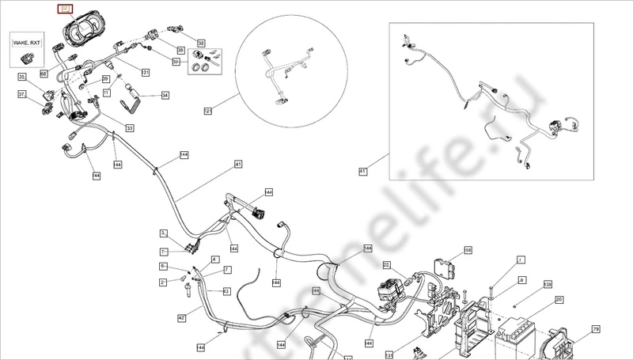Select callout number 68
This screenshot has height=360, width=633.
pos(44,74)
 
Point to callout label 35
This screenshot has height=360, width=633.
pos(22,77)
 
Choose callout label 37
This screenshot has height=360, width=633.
pos(22,94)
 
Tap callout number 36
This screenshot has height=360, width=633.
pos(180,51)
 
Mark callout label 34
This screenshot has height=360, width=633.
pos(165,96)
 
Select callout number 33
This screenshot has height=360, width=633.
pos(130,127)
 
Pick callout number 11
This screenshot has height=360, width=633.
pos(105,93)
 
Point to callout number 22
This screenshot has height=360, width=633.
pos(386,264)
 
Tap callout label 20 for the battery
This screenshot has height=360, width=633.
pos(559,300)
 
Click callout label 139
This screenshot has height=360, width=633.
pos(547,283)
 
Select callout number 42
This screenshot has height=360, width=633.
pos(181,317)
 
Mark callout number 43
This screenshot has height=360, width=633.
pos(226,291)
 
